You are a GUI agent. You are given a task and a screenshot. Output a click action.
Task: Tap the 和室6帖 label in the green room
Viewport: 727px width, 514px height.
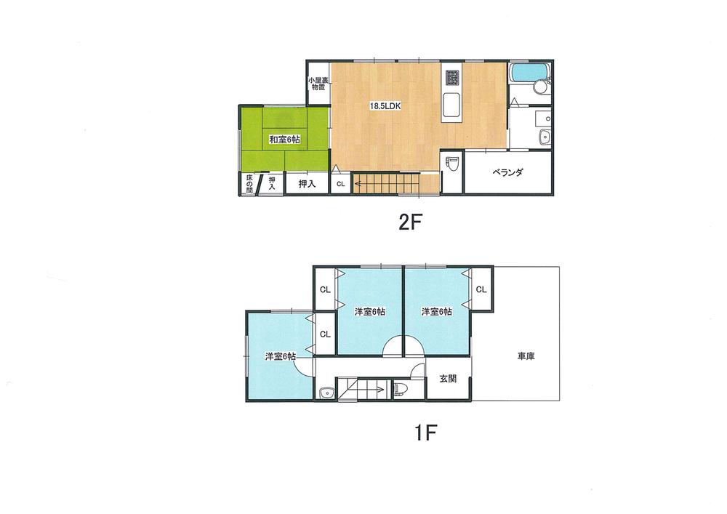coord(284,140)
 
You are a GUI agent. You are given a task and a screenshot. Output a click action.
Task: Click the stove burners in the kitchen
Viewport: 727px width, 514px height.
coord(451,76)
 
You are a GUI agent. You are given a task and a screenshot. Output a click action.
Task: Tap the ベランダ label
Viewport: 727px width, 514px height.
coord(508,173)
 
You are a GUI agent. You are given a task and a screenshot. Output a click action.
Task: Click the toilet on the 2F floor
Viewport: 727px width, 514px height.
coord(451,162)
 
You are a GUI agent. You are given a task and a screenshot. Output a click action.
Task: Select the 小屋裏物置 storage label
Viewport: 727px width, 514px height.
coord(317,84)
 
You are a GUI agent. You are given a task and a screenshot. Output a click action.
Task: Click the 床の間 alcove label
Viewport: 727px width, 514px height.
coord(249,184)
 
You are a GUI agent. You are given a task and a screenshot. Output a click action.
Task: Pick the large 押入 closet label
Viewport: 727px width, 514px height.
coord(306,184)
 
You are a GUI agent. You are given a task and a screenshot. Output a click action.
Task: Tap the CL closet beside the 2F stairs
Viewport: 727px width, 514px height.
coord(340,185)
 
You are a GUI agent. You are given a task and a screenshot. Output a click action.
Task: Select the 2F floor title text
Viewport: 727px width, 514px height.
coord(410,222)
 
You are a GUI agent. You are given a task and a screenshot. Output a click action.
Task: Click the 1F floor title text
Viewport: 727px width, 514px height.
coord(425,433)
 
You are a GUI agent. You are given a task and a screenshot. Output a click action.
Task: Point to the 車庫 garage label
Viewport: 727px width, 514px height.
coord(526,356)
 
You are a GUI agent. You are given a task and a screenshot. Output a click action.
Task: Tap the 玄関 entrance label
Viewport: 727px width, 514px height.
coord(448,378)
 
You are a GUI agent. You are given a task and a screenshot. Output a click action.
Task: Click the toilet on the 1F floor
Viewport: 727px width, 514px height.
coord(401,389)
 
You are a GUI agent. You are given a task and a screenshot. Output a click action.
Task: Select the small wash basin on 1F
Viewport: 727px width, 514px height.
coord(324,395)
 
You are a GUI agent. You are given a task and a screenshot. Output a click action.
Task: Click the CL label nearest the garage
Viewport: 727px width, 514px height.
coord(481,289)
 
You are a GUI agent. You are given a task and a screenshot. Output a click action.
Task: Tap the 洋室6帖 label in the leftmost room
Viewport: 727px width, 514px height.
coord(280,356)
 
